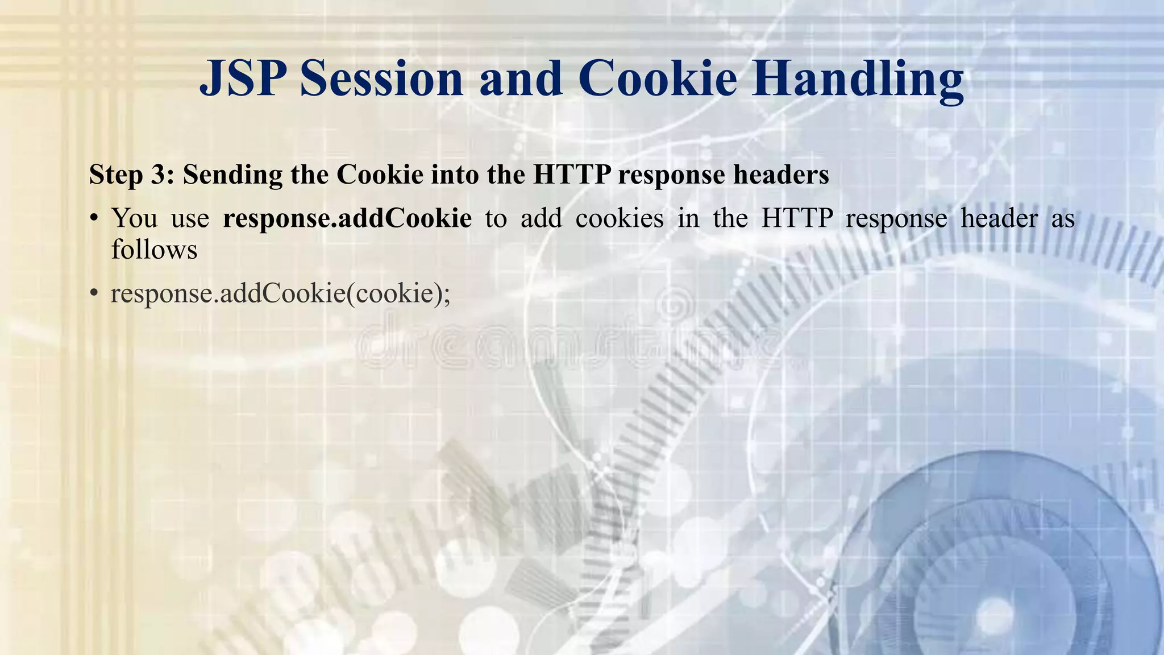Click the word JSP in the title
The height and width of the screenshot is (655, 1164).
tap(243, 79)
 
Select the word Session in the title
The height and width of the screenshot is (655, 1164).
tap(381, 79)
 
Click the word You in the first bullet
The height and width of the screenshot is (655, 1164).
tap(134, 218)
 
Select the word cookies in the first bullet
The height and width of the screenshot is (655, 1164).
tap(619, 218)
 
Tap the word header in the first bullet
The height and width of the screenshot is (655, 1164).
tap(999, 218)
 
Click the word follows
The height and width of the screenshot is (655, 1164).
tap(154, 250)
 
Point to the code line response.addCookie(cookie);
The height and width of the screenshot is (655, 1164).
tap(280, 294)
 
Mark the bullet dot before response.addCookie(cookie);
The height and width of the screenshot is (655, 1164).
tap(94, 294)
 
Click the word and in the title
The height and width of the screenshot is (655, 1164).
tap(521, 79)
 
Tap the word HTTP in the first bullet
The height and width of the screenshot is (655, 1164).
tap(797, 218)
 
